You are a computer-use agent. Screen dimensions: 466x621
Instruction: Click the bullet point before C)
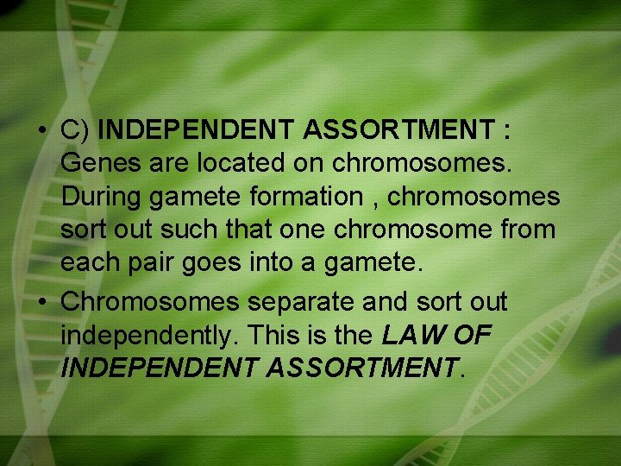tap(41, 131)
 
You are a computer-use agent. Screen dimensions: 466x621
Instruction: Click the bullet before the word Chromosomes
tap(41, 302)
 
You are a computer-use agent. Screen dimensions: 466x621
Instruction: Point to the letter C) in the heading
tap(76, 131)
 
